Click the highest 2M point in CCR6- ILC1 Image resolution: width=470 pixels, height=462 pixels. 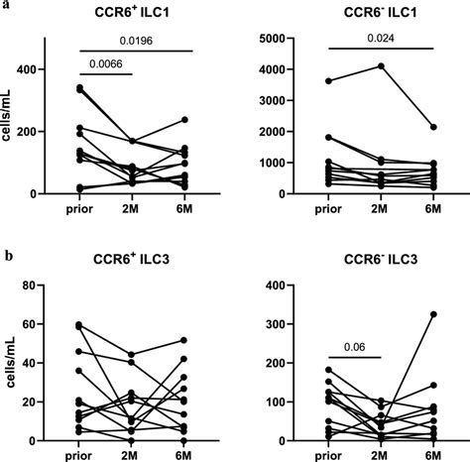(x=380, y=65)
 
